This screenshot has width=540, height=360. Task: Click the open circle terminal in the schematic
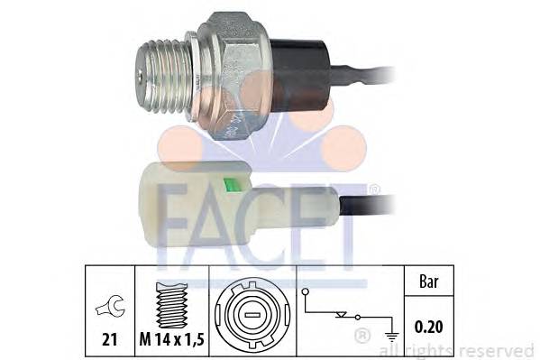click(x=307, y=292)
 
